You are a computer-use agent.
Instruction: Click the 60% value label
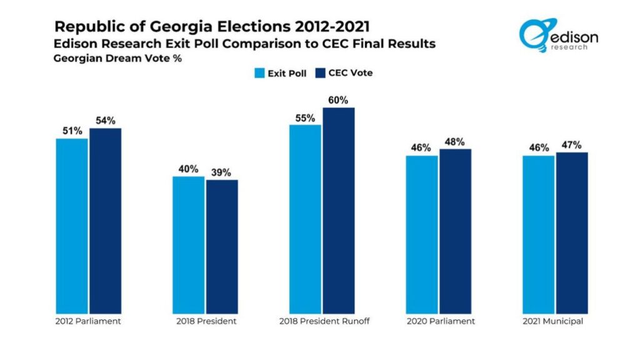(x=338, y=100)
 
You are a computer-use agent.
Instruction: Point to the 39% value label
(x=222, y=172)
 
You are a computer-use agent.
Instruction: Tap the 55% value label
(x=304, y=117)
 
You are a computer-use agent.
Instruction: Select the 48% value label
(x=455, y=141)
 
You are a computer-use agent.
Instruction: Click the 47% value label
(x=572, y=145)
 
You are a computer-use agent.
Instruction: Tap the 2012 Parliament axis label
(x=88, y=321)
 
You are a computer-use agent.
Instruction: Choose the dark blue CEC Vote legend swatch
(x=322, y=73)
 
